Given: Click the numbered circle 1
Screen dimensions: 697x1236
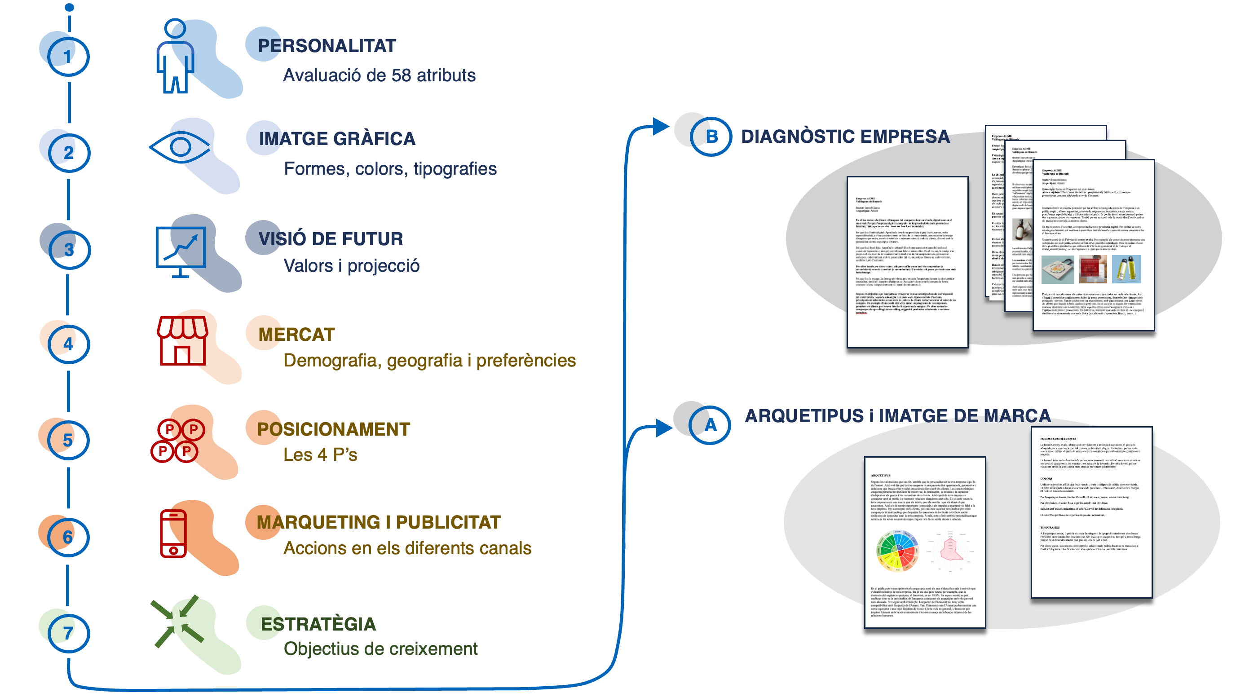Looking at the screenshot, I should pos(68,56).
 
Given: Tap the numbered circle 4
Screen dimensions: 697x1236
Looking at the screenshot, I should pos(68,344).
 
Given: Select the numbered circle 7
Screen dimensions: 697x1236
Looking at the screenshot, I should pos(68,633).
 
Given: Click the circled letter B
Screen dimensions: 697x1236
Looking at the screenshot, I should pos(711,137).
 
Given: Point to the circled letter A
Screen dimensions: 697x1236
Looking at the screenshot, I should pos(710,425).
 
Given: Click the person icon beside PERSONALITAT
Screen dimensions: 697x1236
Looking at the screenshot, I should pos(175,56).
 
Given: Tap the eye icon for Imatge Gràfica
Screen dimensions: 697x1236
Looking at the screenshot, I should pos(180,147).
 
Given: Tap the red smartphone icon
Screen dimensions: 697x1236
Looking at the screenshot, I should pos(173,533).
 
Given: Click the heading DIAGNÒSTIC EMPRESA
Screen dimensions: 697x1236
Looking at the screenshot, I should pos(845,137).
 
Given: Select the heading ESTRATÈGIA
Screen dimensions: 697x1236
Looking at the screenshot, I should pos(318,624).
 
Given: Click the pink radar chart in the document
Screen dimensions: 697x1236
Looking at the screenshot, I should pos(950,550).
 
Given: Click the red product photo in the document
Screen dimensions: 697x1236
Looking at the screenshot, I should pos(1093,269).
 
